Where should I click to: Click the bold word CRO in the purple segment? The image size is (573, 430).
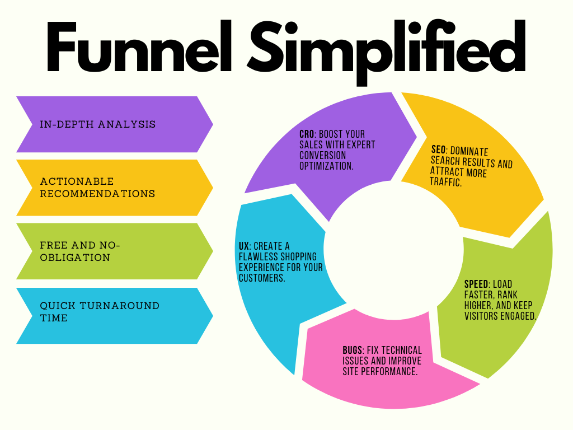point(307,135)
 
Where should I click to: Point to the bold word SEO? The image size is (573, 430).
point(438,151)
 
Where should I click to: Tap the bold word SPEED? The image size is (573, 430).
point(476,284)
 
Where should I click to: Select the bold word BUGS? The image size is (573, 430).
point(353,350)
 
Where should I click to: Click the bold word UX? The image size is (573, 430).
point(245,246)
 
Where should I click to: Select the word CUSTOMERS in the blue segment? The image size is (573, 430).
point(262,278)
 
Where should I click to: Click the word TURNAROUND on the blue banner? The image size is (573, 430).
point(120,306)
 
